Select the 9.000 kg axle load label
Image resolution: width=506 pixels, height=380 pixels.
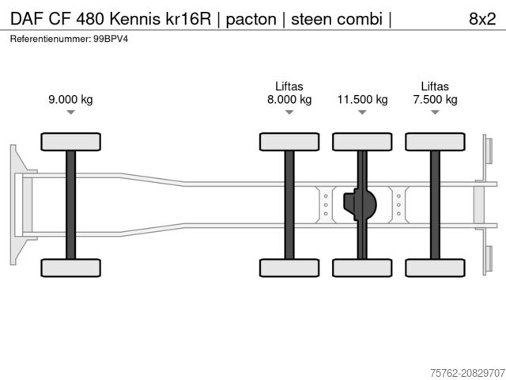(x=70, y=100)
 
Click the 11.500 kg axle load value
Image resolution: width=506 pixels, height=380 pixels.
(x=362, y=100)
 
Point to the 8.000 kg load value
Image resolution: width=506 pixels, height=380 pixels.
(x=289, y=100)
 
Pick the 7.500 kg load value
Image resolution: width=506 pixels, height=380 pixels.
(x=435, y=100)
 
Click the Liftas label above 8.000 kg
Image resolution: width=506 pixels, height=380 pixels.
(x=289, y=86)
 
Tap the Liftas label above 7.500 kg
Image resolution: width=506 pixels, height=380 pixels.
(x=435, y=86)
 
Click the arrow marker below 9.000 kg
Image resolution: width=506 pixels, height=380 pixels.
(x=70, y=113)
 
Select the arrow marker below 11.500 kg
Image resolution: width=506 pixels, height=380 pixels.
(x=362, y=113)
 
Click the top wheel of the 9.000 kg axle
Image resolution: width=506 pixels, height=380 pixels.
(x=70, y=142)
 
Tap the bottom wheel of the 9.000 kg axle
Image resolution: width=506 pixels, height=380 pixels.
(x=70, y=268)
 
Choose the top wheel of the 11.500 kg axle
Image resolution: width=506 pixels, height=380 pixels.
(x=362, y=142)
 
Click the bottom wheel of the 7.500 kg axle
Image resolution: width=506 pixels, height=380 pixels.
(x=435, y=268)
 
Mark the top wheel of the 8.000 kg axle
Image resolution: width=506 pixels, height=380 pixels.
(x=289, y=142)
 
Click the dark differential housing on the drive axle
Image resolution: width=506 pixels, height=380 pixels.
(x=360, y=205)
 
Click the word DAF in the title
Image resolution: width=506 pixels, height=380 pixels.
(x=26, y=19)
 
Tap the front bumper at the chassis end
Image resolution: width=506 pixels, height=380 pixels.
(x=15, y=204)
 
